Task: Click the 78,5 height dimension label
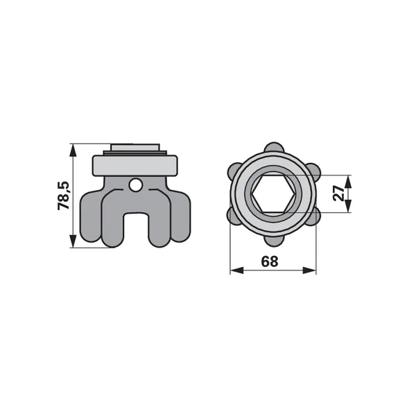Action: coord(64,196)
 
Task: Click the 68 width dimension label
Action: coord(270,261)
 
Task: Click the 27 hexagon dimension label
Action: coord(338,193)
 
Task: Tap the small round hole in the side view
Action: coord(136,184)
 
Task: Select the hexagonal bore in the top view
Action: coord(273,193)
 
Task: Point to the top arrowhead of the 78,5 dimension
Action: coord(73,150)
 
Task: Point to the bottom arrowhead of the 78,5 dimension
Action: coord(73,241)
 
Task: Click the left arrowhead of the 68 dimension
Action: coord(236,270)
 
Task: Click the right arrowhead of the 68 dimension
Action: coord(310,270)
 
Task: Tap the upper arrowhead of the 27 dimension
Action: coord(349,182)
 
